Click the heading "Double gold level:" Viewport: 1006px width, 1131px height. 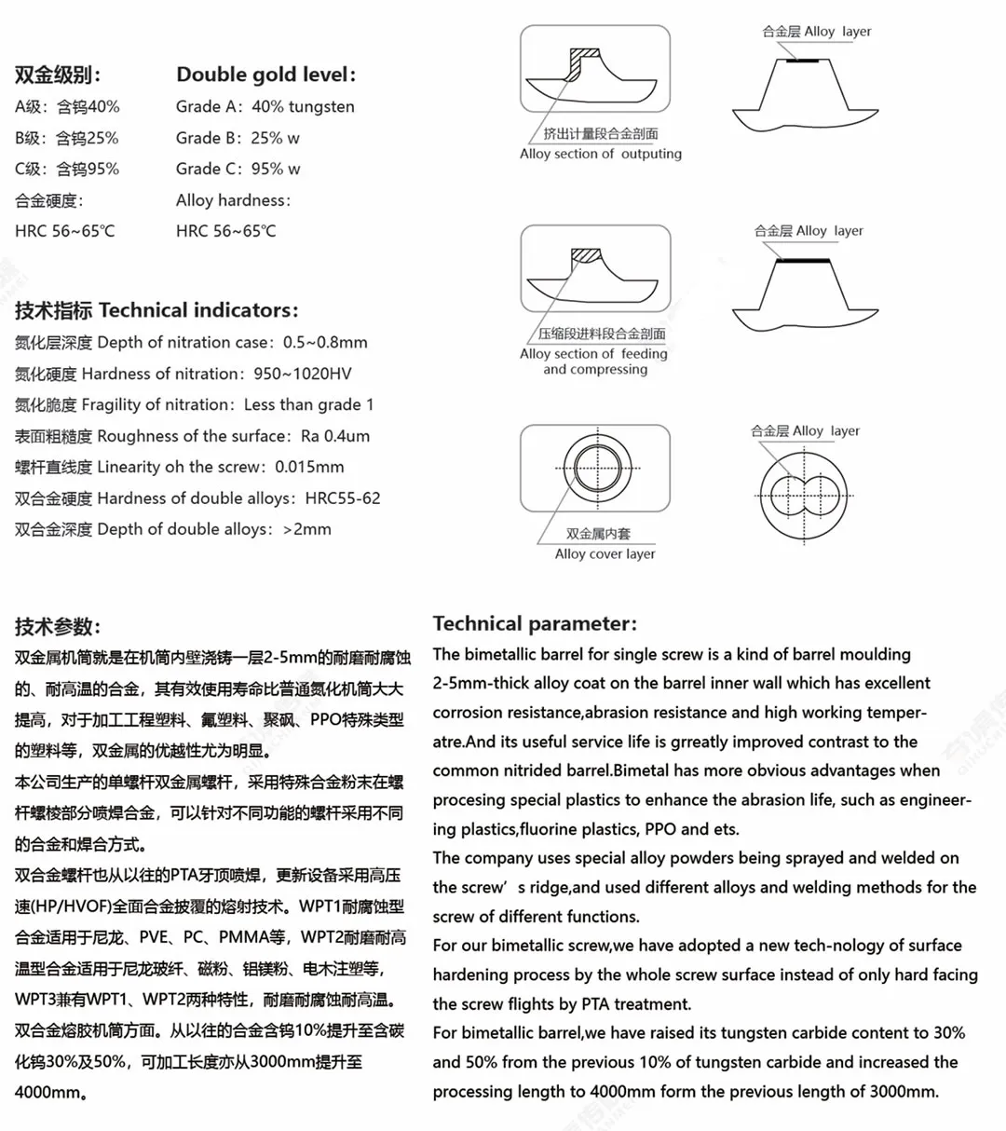point(265,75)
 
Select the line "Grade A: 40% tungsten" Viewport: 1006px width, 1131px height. point(265,106)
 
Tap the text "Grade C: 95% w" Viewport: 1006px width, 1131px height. point(238,169)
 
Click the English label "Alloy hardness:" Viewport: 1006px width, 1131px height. point(233,200)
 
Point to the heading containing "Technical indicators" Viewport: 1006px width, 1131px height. point(156,310)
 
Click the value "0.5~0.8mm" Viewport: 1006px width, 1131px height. point(325,342)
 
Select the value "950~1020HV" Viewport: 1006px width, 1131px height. point(303,374)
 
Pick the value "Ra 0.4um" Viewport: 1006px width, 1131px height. point(335,436)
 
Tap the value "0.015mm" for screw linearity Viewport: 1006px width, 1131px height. point(309,467)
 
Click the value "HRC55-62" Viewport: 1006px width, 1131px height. point(343,498)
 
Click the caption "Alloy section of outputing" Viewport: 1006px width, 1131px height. point(600,154)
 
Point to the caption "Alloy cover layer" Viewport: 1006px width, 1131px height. point(605,553)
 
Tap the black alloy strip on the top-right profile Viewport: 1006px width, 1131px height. point(802,62)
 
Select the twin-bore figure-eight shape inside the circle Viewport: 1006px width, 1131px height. point(806,491)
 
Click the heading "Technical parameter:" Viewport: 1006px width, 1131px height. point(535,623)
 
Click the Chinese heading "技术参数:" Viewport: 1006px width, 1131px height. point(58,626)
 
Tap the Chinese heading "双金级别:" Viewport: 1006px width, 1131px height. point(58,75)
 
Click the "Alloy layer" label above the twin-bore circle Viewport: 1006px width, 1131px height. point(805,430)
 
